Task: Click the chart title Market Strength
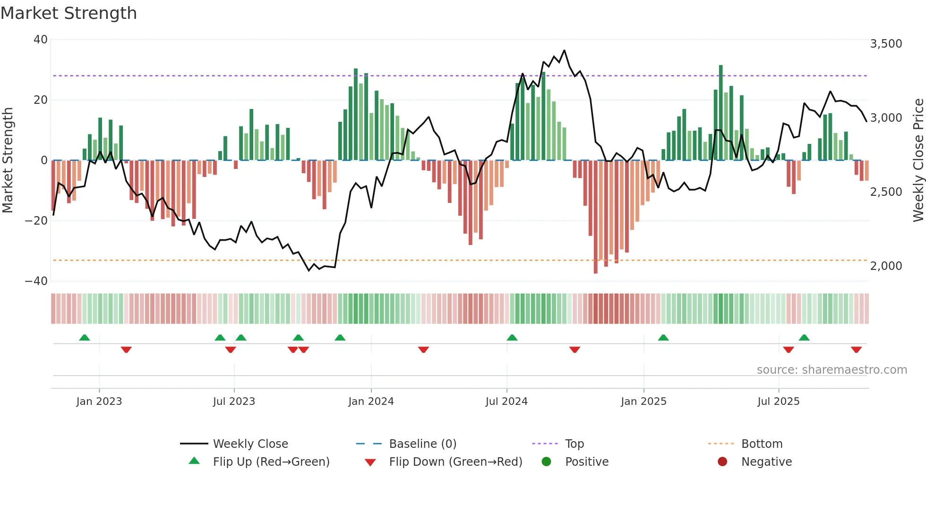(69, 13)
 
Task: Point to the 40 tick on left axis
(41, 40)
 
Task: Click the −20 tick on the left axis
(36, 221)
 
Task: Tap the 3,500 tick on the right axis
(886, 44)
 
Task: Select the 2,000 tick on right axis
(886, 266)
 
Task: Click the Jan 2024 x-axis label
(371, 402)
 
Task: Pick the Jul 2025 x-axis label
(778, 402)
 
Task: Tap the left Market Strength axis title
(8, 160)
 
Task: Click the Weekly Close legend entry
(250, 444)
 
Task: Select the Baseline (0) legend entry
(422, 444)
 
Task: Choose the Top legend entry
(574, 444)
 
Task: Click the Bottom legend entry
(762, 444)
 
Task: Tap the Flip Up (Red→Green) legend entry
(271, 462)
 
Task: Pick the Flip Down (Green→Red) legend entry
(455, 462)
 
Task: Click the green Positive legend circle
(547, 462)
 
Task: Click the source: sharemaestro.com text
(832, 370)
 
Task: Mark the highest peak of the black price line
(564, 50)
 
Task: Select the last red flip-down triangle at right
(856, 350)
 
